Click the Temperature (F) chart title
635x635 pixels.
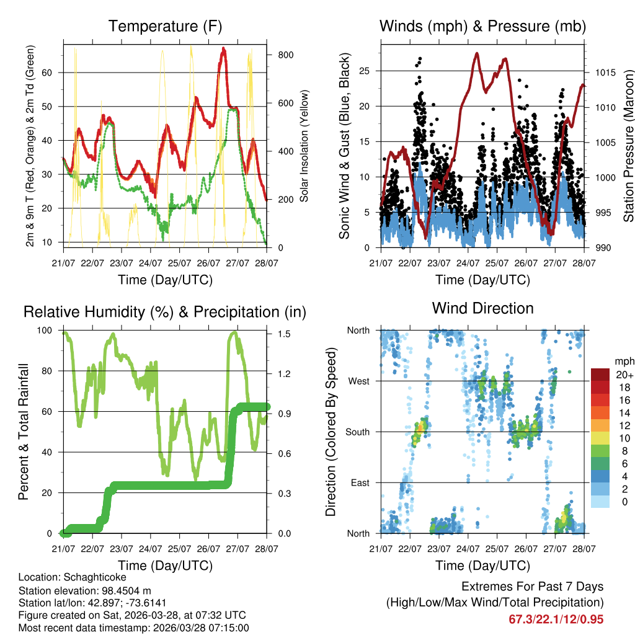(x=165, y=27)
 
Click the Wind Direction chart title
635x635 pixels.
(x=482, y=308)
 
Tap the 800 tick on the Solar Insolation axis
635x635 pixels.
(x=286, y=55)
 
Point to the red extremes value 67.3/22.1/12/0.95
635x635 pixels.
(x=556, y=619)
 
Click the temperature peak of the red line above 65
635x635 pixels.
(x=223, y=49)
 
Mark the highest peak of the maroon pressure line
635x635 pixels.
(x=476, y=53)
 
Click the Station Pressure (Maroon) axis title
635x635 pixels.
(x=628, y=144)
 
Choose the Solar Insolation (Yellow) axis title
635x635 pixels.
(x=304, y=146)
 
